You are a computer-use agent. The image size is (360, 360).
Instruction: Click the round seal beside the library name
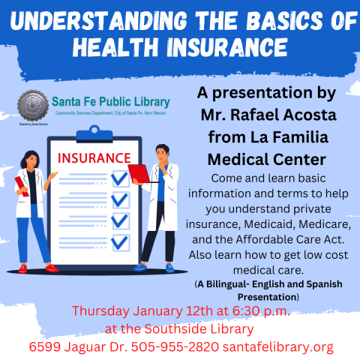pyautogui.click(x=32, y=105)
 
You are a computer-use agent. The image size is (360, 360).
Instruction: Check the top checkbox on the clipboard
pyautogui.click(x=118, y=179)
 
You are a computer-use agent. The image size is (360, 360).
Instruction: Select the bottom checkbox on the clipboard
pyautogui.click(x=118, y=241)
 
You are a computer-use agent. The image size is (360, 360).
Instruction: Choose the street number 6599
pyautogui.click(x=46, y=347)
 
